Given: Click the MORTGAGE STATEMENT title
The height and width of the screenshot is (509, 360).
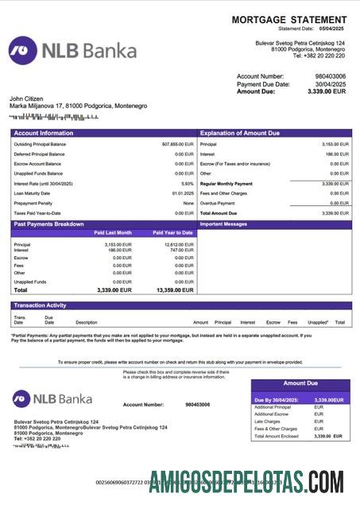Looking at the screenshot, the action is point(289,19).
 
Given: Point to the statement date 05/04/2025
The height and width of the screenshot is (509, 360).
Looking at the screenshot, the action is point(335,28).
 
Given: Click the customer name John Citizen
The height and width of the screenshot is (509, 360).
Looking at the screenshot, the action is point(28,98).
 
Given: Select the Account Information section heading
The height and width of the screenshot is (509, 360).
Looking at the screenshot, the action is point(44,133).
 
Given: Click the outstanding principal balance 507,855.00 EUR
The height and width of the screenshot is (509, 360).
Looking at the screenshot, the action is point(177,144).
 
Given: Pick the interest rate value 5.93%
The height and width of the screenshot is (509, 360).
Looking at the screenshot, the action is point(187,183).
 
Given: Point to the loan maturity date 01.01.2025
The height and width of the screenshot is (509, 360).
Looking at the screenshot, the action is point(183,193).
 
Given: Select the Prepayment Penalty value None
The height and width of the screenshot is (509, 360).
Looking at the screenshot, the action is point(188,203).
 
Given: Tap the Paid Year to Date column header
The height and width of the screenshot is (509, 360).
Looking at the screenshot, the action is point(172,233).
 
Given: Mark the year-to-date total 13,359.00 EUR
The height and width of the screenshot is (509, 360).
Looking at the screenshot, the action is point(173,290).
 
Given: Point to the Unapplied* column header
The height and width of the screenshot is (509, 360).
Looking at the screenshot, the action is point(318,322).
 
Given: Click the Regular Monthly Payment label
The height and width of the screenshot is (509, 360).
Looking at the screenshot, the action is point(226,183).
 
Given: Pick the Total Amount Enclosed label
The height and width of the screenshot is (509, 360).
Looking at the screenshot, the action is point(277,436).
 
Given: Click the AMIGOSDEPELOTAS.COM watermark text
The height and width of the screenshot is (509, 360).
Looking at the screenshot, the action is point(246,482).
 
